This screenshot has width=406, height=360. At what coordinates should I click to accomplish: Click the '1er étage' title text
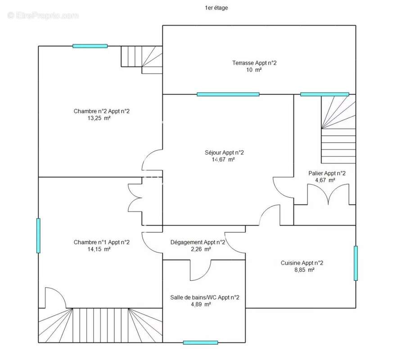(216, 8)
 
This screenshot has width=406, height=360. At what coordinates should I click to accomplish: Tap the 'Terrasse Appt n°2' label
(254, 63)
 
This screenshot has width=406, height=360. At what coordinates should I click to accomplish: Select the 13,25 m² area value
(99, 118)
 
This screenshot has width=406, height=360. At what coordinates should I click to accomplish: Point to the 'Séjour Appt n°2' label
(224, 153)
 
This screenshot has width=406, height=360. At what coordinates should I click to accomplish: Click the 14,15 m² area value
(99, 249)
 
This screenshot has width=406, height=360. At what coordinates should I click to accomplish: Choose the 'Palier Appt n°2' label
(327, 173)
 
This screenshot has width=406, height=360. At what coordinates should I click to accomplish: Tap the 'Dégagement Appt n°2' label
(198, 243)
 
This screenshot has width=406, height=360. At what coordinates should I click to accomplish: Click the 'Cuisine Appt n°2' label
(302, 263)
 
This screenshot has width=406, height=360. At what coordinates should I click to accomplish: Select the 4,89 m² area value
(201, 304)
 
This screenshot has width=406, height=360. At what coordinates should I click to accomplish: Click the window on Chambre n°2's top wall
(90, 46)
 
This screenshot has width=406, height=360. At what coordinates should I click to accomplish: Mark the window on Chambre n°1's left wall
(38, 235)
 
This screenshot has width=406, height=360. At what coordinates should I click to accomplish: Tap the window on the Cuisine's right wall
(356, 263)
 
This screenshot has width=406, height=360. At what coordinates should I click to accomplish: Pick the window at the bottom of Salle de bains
(200, 342)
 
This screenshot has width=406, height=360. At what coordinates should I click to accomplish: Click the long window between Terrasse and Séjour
(228, 94)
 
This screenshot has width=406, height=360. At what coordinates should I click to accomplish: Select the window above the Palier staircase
(325, 94)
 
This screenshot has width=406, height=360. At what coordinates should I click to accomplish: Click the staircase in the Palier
(338, 129)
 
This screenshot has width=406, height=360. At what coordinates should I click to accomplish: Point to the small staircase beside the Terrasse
(142, 60)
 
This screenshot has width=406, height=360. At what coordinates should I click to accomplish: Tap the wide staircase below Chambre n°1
(100, 325)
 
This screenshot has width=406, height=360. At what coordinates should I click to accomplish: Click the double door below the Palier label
(328, 194)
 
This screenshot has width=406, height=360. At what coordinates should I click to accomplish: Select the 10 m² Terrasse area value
(254, 70)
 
